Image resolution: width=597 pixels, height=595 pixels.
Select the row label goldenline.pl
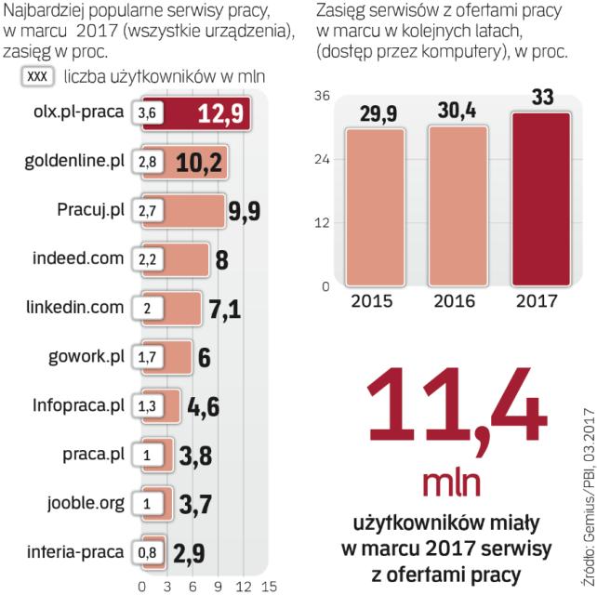coord(77,162)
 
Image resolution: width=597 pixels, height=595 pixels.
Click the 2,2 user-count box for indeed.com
coord(148,259)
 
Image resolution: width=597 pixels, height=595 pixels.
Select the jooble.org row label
coord(86,503)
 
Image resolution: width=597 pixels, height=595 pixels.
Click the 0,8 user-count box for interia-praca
coord(147,553)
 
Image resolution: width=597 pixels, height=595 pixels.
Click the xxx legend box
coord(38,78)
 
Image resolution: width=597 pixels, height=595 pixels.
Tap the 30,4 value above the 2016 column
coord(455,112)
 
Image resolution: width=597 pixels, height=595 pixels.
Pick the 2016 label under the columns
coord(455,301)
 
